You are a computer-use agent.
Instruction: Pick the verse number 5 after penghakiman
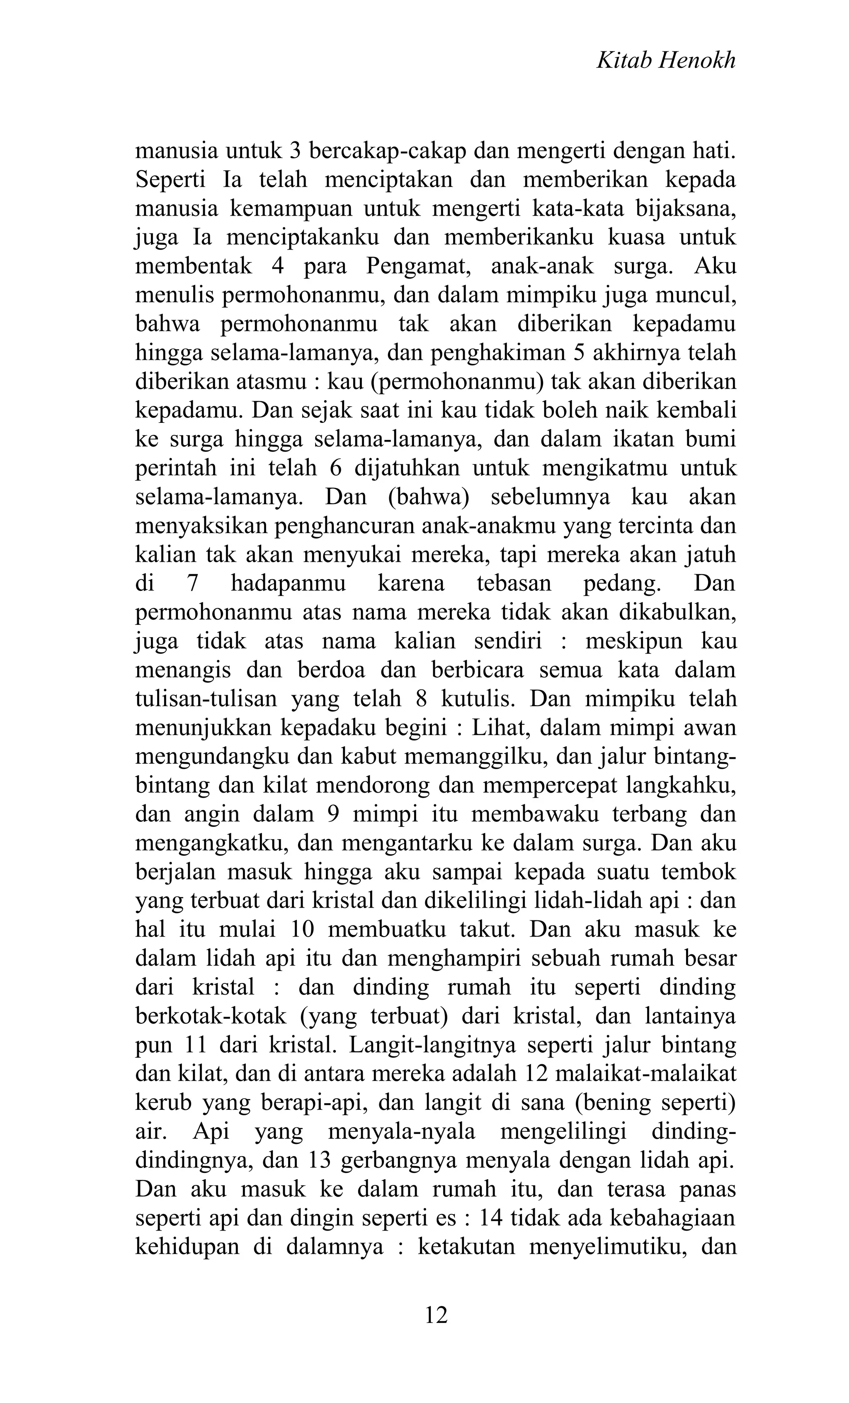pyautogui.click(x=579, y=352)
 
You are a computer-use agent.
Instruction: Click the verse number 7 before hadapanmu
pyautogui.click(x=192, y=583)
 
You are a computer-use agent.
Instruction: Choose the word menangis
pyautogui.click(x=183, y=670)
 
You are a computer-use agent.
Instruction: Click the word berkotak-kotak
pyautogui.click(x=240, y=1016)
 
